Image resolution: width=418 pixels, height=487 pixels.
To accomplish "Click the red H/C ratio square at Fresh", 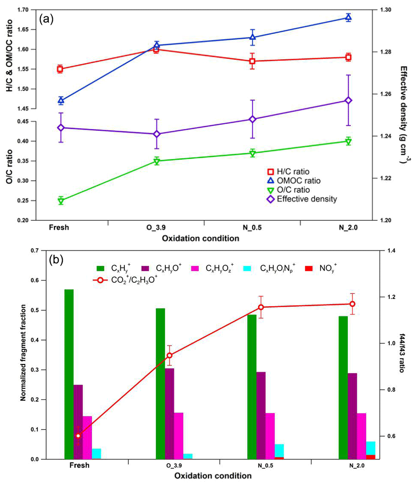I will coord(60,69).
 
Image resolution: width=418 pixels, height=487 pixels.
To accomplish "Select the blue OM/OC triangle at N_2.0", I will coord(348,18).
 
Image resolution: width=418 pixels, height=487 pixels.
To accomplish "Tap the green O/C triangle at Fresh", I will coord(60,201).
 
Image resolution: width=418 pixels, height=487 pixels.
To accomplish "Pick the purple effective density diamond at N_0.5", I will coord(252,119).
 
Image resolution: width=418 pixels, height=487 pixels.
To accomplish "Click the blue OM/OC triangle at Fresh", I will coord(60,100).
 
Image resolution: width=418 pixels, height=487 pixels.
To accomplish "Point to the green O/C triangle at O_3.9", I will coord(157,161).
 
